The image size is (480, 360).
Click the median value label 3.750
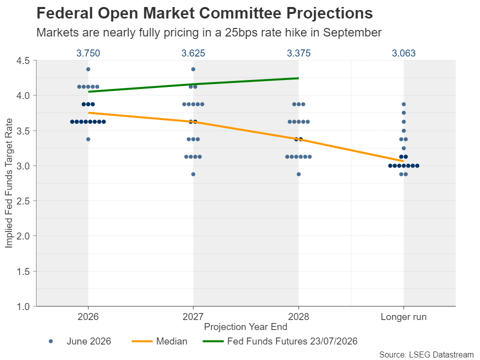(x=88, y=53)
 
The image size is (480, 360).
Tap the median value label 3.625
(x=193, y=53)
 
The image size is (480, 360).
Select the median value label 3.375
(x=298, y=53)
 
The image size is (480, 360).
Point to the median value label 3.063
(x=403, y=53)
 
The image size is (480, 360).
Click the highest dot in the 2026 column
(x=88, y=69)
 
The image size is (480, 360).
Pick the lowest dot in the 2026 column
(x=88, y=139)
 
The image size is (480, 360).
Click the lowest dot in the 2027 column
(x=193, y=174)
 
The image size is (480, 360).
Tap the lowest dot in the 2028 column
(x=298, y=174)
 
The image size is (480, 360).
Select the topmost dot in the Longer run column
(x=403, y=104)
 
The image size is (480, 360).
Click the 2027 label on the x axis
(x=193, y=316)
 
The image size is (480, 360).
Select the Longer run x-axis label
(x=403, y=317)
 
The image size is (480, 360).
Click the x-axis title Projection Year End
(x=245, y=327)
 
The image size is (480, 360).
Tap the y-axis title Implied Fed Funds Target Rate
(x=8, y=183)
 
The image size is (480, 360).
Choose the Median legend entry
(x=159, y=341)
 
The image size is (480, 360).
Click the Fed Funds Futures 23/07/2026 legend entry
(x=280, y=341)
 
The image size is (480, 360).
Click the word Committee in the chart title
(x=239, y=13)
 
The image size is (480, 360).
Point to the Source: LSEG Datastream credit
(x=426, y=354)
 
